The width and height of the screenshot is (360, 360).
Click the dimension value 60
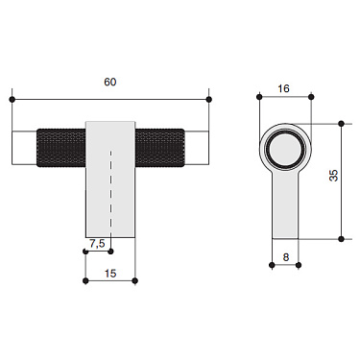tap(109, 84)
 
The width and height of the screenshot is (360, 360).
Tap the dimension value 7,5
tap(96, 244)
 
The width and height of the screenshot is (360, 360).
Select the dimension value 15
tap(109, 274)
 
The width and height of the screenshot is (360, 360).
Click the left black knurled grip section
tap(61, 145)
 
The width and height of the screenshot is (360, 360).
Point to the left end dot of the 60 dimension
tap(12, 99)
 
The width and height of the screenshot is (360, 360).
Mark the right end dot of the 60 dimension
tap(208, 99)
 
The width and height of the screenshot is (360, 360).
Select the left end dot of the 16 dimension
tap(261, 98)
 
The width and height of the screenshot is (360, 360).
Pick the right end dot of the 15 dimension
tap(135, 281)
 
